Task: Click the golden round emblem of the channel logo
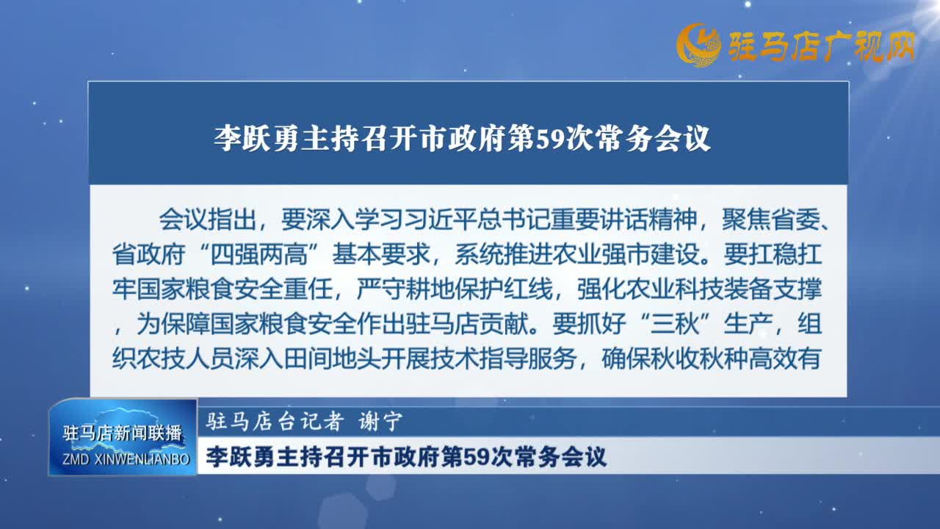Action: pos(698,45)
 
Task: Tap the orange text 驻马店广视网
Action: pos(822,46)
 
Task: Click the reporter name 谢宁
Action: pos(380,422)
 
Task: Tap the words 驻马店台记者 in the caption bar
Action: pos(275,422)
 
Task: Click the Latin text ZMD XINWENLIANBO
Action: pos(126,459)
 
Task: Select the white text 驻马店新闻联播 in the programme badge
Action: pos(123,433)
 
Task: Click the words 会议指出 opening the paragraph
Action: pos(207,219)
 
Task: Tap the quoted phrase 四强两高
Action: pos(258,254)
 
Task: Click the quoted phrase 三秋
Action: pos(675,324)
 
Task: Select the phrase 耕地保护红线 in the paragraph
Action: pos(479,289)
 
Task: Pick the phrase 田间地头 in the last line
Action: pos(333,359)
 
